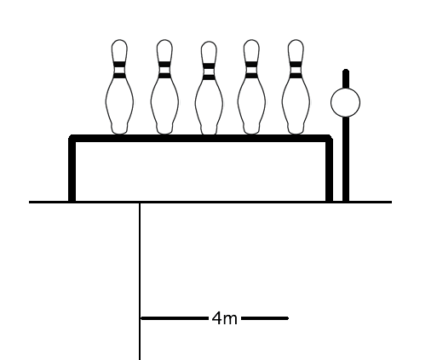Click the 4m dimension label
[x=224, y=318]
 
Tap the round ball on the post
[x=345, y=102]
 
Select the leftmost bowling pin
[x=119, y=87]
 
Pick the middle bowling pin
[x=209, y=88]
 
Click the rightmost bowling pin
[x=296, y=87]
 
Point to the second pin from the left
[x=164, y=87]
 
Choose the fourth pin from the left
[x=251, y=87]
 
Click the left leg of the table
[x=72, y=170]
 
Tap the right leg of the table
[x=329, y=170]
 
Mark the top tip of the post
[x=346, y=70]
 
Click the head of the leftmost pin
[x=119, y=49]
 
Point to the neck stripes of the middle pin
[x=209, y=71]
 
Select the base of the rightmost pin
[x=296, y=129]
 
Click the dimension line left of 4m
[x=175, y=318]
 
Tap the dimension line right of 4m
[x=265, y=318]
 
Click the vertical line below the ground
[x=140, y=281]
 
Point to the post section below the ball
[x=346, y=159]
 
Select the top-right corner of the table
[x=331, y=137]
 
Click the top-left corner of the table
[x=71, y=137]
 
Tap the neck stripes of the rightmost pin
[x=296, y=70]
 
